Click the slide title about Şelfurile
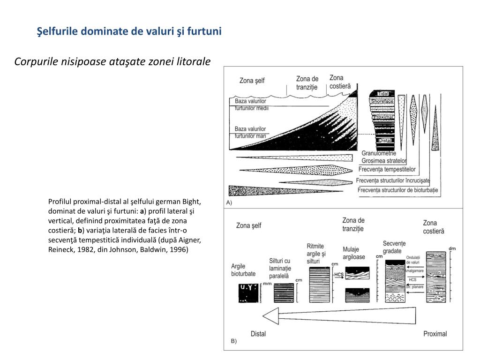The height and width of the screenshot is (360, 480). pos(129,31)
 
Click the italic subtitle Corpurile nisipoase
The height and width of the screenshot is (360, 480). pos(112,62)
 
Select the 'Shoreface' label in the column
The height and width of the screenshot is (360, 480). pos(382,101)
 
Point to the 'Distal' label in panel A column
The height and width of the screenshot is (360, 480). pos(385,140)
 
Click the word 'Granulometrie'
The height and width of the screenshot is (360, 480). pos(379,153)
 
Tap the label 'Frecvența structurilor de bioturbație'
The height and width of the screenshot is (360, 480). pos(397,190)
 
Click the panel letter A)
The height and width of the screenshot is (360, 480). pos(229,202)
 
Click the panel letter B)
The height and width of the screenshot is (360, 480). pos(233,341)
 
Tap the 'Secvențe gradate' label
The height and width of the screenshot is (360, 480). pos(394,247)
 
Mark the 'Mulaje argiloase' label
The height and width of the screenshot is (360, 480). pos(354,253)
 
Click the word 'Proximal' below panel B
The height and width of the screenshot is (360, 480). pos(435,334)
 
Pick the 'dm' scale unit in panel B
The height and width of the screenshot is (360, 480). pos(452,248)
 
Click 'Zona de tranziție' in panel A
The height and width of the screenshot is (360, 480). pos(307,83)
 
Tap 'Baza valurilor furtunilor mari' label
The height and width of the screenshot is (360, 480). pos(250,132)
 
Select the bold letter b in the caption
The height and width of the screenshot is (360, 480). pos(80,230)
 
